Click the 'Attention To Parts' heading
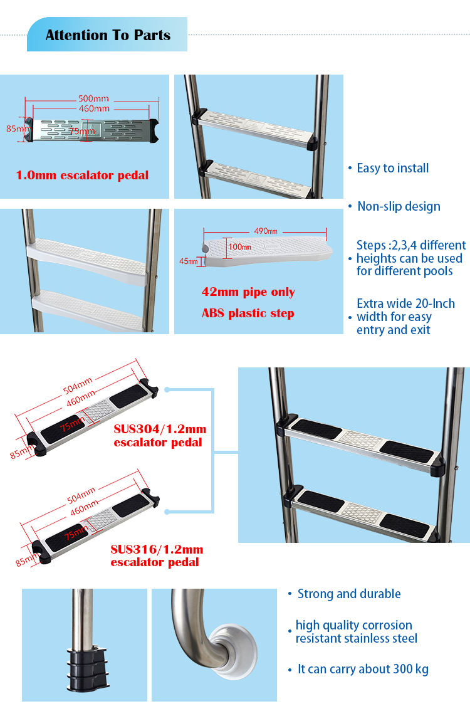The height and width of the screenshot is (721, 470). tap(108, 35)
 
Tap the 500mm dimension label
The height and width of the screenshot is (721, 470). tap(93, 98)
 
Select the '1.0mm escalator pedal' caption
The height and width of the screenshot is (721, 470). tap(82, 175)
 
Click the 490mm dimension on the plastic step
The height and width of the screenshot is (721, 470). tap(265, 231)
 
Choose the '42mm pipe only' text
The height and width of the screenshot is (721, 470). tap(248, 292)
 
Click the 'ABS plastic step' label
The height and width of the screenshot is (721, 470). tap(248, 313)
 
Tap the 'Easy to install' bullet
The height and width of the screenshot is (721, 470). tap(392, 168)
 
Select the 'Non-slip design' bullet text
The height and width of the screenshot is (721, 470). tap(399, 206)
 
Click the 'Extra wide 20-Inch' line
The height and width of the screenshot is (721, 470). tap(405, 303)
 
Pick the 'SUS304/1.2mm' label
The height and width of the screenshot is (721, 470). tap(159, 430)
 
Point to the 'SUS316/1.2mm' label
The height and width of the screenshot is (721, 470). tap(157, 550)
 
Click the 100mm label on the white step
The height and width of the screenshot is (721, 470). tap(239, 247)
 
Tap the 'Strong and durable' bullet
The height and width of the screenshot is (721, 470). tap(348, 594)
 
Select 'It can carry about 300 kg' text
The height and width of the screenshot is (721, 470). tap(363, 669)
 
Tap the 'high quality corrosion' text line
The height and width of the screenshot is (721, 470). tap(353, 625)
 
